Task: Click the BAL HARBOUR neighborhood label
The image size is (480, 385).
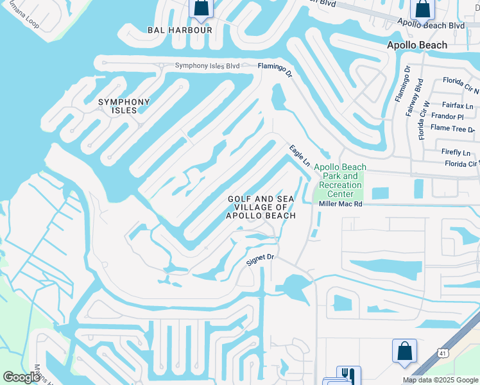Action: click(x=171, y=30)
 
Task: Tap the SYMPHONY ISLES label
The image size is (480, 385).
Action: click(x=124, y=106)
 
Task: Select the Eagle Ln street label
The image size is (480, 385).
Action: click(x=299, y=155)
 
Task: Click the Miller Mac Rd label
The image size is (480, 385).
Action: click(x=341, y=204)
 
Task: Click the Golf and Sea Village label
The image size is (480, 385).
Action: click(x=261, y=207)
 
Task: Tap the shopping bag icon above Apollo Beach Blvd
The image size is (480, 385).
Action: click(x=423, y=9)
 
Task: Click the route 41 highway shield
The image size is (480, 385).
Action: click(x=442, y=353)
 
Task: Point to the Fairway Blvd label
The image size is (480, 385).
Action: click(x=420, y=94)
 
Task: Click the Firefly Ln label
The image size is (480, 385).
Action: click(x=456, y=152)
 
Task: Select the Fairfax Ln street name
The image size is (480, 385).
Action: click(x=458, y=105)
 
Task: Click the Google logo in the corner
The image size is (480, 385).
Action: click(x=21, y=377)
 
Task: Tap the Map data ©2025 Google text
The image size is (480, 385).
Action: click(x=440, y=380)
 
